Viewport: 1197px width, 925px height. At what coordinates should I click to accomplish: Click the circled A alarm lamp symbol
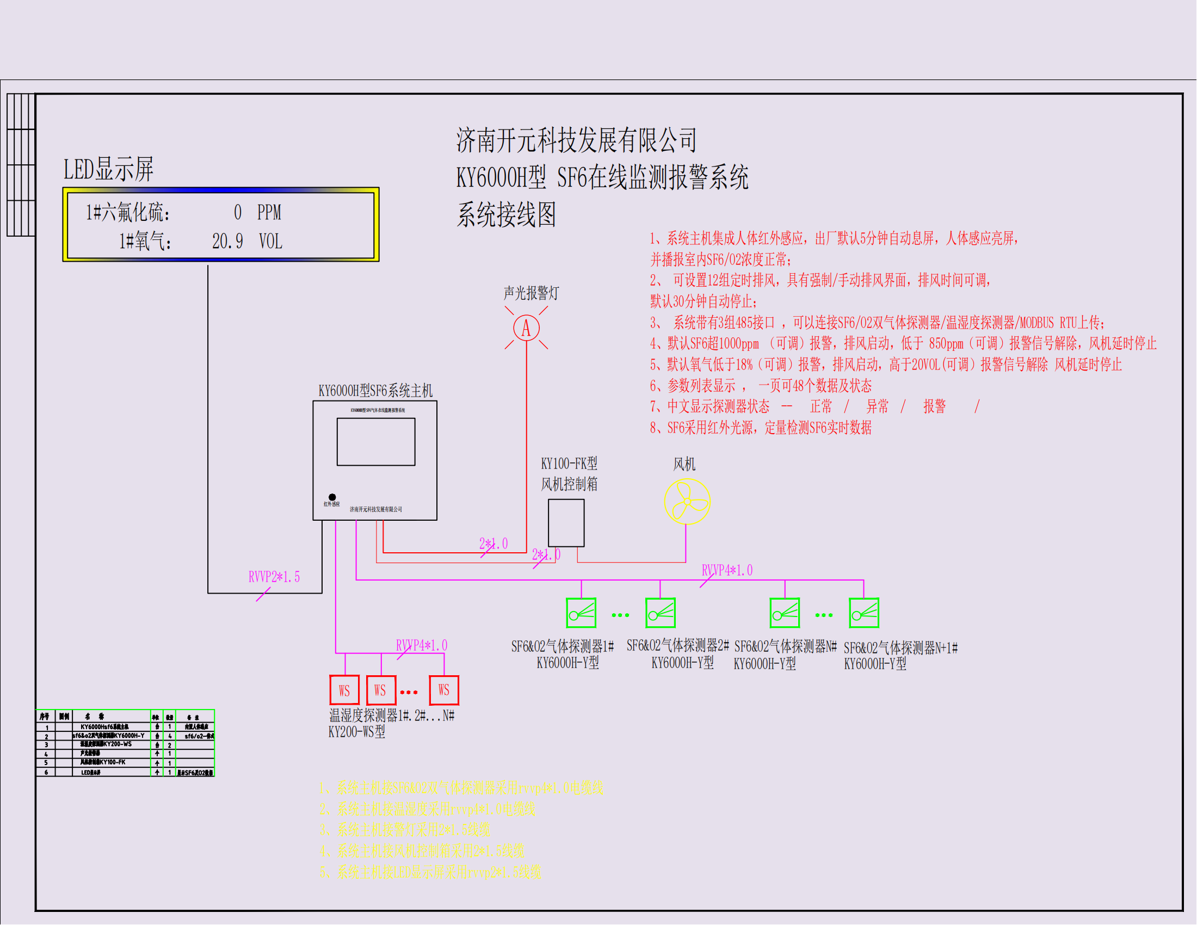[526, 328]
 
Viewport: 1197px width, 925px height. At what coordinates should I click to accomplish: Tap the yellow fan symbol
[687, 502]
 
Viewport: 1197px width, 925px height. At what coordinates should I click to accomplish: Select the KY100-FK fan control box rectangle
[566, 523]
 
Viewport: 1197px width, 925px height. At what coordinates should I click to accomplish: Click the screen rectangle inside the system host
[376, 442]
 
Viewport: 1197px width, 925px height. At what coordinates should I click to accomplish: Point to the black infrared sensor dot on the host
[332, 497]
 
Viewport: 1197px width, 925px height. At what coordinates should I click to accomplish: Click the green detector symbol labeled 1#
[581, 613]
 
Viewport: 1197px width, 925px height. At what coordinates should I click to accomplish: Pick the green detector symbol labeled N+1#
[864, 613]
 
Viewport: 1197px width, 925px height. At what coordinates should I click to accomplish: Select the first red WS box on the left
[344, 690]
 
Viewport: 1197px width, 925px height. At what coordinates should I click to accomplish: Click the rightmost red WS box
[443, 690]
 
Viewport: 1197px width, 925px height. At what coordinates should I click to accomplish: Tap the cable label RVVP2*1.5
[274, 577]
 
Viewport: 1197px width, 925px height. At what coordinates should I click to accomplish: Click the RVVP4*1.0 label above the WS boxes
[422, 645]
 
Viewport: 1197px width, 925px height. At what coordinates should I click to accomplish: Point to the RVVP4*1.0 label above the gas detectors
[727, 570]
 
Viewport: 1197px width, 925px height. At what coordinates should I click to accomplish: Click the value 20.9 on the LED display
[227, 241]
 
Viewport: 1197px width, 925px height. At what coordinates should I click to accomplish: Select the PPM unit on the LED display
[269, 213]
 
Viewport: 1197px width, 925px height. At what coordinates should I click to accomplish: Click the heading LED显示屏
[108, 169]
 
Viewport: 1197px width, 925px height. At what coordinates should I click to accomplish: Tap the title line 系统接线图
[506, 214]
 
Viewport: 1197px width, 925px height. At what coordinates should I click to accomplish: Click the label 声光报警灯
[530, 293]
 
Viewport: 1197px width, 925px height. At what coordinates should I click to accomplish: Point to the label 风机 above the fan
[684, 464]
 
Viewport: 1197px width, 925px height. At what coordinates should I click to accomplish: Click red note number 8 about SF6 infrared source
[760, 428]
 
